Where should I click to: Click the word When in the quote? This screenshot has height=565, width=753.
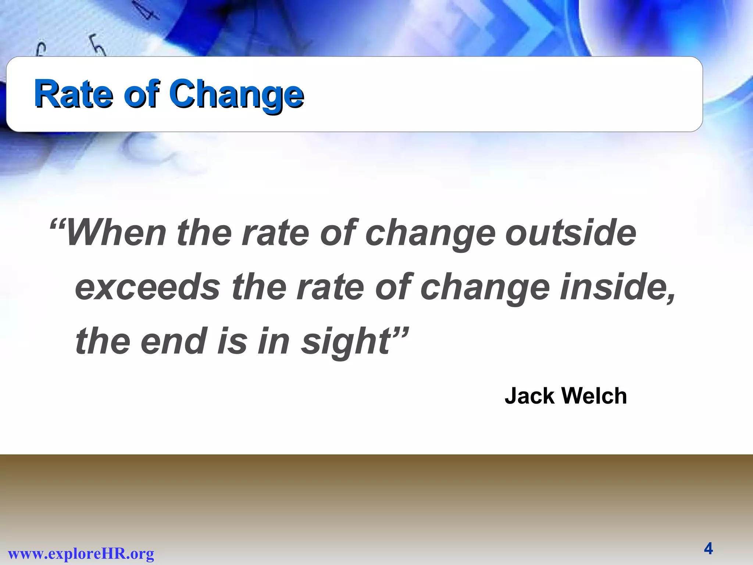coord(116,233)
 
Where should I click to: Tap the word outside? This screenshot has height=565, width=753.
coord(571,233)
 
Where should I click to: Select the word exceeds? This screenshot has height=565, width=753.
coord(147,287)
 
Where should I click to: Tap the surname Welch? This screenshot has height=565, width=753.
coord(594,396)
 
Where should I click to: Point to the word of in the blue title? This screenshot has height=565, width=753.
coord(141,94)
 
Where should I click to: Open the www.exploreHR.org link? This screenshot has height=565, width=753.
coord(81,553)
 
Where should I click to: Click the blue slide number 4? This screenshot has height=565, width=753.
coord(708,549)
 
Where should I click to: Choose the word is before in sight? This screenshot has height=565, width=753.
coord(232,341)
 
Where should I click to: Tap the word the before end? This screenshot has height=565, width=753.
coord(103,341)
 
